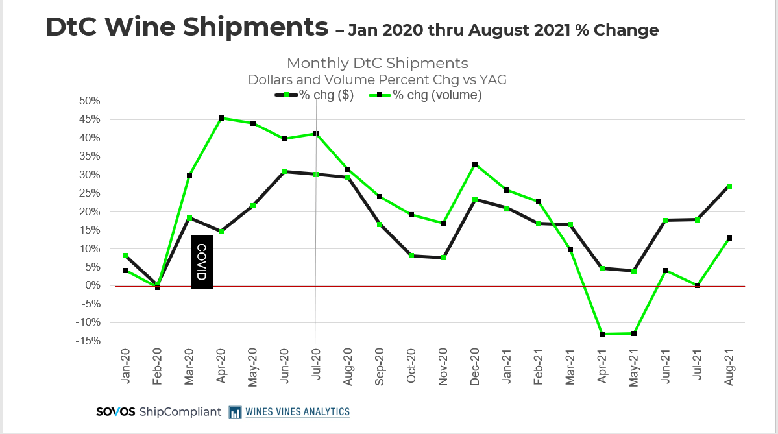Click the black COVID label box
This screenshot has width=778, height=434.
[202, 262]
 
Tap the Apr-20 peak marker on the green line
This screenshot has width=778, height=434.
[221, 118]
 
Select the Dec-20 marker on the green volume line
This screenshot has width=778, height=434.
[476, 164]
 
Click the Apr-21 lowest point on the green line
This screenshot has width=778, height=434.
[603, 334]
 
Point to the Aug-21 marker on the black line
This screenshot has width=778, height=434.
[730, 186]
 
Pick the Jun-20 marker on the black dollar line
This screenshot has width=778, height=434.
[285, 171]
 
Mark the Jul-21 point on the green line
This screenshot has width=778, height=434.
[698, 285]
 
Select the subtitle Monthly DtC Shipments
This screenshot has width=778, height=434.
[377, 63]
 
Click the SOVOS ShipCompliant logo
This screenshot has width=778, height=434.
[158, 412]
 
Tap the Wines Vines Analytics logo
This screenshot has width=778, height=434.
[289, 412]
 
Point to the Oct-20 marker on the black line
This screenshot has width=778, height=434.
[412, 256]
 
